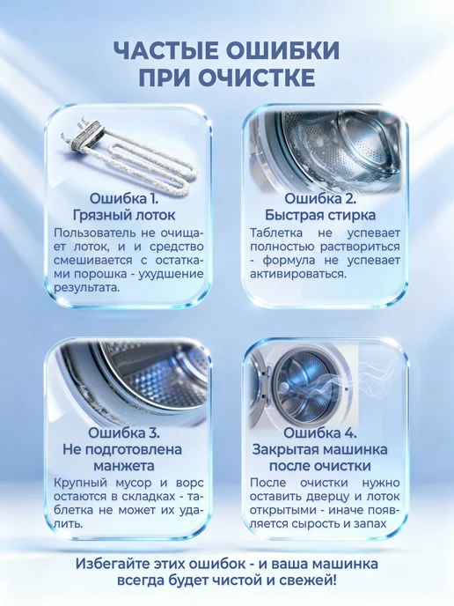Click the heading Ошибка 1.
click(124, 199)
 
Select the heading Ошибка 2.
click(320, 199)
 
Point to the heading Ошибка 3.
click(124, 432)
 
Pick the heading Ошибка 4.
click(320, 432)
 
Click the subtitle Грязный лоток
click(124, 215)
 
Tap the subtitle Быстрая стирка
click(320, 215)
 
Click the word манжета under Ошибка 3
click(124, 466)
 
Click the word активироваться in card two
click(298, 274)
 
